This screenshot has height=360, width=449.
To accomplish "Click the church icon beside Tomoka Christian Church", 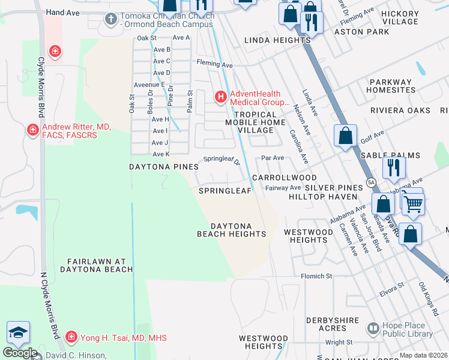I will (x=110, y=19).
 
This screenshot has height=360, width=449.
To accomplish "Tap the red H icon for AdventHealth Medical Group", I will (x=221, y=96).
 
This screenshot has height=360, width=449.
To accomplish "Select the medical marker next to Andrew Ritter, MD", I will (x=32, y=130).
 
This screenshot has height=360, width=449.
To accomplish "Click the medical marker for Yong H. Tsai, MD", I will (x=71, y=337).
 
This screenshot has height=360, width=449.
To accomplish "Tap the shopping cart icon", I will (x=413, y=204).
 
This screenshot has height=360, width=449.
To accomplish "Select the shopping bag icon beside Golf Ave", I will (x=346, y=136).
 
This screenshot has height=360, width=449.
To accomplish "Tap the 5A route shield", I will (x=371, y=182).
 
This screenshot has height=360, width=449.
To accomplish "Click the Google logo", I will (x=20, y=353).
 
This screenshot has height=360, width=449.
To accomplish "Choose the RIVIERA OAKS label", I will (x=400, y=110).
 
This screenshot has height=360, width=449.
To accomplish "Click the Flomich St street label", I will (x=316, y=276).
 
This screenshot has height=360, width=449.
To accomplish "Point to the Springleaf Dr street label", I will (x=221, y=161).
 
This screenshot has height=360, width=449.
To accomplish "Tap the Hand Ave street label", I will (x=62, y=12).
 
